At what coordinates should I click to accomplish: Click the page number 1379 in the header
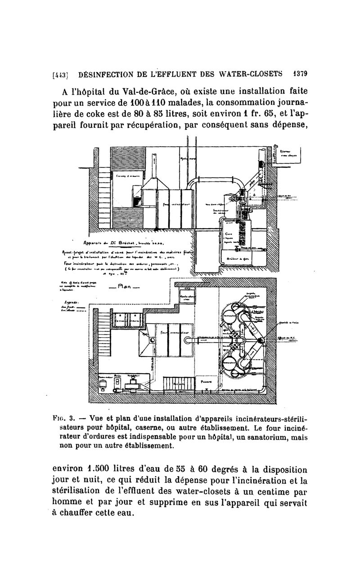pyautogui.click(x=298, y=73)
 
